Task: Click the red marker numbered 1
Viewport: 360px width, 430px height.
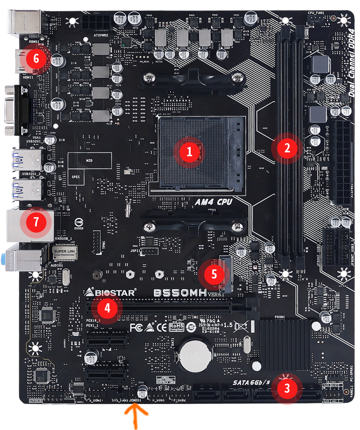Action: tap(190, 151)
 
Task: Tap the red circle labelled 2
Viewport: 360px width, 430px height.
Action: tap(287, 148)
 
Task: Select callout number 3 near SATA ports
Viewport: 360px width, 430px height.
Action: tap(287, 387)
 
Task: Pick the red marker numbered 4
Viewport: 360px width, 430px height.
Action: tap(107, 308)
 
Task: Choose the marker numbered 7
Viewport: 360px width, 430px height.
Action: tap(37, 222)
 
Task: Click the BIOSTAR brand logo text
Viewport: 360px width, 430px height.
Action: tap(111, 292)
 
